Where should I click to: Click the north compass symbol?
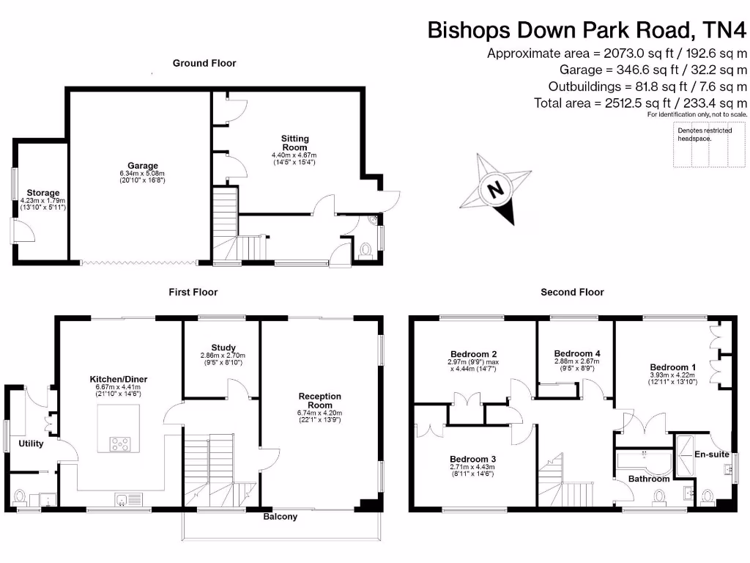click(x=497, y=189)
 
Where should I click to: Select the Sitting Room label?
click(x=295, y=142)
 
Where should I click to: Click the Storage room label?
click(x=43, y=194)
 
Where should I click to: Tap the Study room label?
click(x=222, y=347)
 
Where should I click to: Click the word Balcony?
click(x=281, y=517)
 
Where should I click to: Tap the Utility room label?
click(x=31, y=444)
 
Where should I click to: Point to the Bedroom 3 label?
click(x=472, y=459)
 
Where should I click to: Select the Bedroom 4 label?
click(x=576, y=353)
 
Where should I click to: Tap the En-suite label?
click(x=711, y=455)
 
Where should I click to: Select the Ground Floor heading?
click(x=204, y=63)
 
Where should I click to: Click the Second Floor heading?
click(x=572, y=292)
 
